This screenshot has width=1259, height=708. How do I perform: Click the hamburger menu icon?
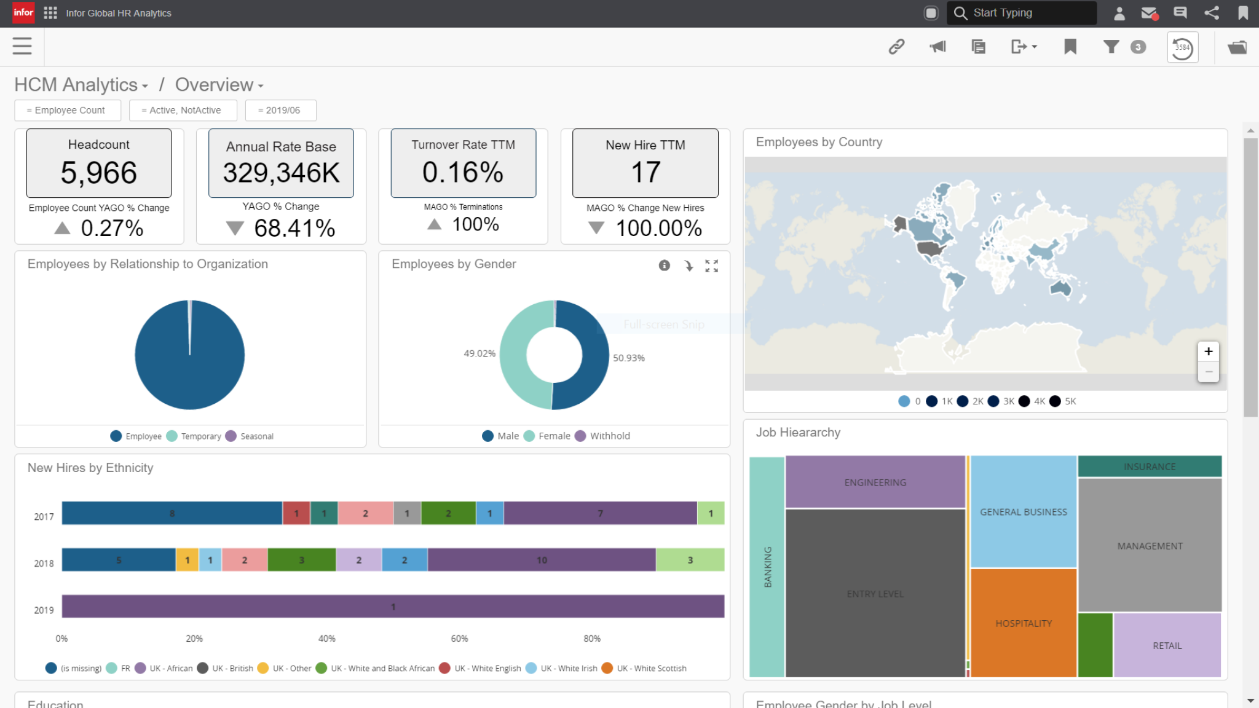tap(22, 46)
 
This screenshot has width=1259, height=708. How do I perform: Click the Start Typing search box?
tap(1024, 13)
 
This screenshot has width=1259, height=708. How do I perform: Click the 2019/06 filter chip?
tap(280, 111)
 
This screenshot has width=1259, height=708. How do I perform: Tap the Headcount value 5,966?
tap(98, 173)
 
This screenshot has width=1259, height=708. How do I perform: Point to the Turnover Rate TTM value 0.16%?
tap(463, 172)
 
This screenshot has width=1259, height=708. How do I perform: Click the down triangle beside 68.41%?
tap(235, 229)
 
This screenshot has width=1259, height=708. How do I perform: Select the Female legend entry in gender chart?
tap(554, 436)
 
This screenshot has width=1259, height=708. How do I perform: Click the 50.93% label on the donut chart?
tap(628, 358)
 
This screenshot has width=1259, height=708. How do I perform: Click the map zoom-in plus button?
tap(1208, 352)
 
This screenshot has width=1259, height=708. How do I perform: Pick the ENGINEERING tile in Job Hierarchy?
tap(875, 482)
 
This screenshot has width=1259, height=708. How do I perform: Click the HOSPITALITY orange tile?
tap(1024, 623)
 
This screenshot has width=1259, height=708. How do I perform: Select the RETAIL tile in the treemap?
tap(1167, 646)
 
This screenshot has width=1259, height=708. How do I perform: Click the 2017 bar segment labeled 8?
tap(172, 513)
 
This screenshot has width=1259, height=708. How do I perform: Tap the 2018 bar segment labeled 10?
tap(542, 560)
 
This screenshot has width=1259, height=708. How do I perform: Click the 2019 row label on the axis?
tap(44, 610)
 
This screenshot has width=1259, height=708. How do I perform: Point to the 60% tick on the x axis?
tap(459, 639)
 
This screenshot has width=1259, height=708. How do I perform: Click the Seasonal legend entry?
tap(256, 436)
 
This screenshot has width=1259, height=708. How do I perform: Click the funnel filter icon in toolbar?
tap(1111, 47)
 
